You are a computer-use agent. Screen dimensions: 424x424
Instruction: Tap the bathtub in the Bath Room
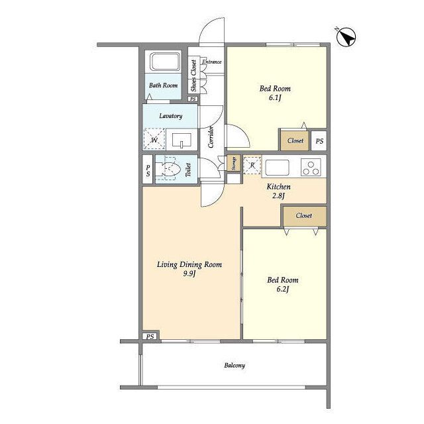(166, 62)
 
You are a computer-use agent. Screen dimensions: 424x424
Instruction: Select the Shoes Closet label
(193, 76)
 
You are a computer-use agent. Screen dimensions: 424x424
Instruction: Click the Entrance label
(212, 62)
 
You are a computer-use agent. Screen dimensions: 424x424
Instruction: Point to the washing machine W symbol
(154, 138)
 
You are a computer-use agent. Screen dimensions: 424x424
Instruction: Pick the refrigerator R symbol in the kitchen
(252, 165)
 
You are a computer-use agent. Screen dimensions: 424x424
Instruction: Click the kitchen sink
(277, 168)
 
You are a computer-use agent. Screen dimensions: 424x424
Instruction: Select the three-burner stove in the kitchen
(311, 168)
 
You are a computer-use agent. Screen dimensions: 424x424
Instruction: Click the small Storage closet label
(234, 163)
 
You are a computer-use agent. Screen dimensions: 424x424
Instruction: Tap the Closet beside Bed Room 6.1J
(295, 140)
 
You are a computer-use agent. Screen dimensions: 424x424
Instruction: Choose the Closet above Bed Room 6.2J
(304, 215)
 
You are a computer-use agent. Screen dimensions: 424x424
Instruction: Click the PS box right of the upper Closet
(319, 141)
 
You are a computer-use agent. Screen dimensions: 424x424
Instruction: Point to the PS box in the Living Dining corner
(150, 337)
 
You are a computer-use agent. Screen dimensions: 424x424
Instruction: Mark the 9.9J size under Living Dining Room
(189, 274)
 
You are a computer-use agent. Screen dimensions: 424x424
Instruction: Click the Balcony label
(235, 366)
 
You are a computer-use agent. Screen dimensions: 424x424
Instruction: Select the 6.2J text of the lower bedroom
(283, 290)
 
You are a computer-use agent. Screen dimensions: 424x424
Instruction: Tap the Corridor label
(211, 136)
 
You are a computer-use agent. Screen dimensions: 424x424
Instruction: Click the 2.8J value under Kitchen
(278, 195)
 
